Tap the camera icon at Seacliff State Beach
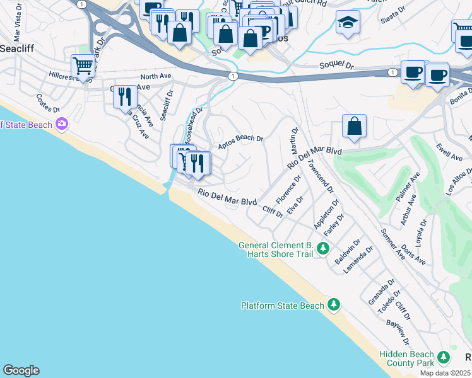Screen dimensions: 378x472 62,125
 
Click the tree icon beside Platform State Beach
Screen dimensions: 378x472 333,306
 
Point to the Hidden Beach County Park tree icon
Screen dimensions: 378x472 444,358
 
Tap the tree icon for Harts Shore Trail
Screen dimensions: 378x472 322,249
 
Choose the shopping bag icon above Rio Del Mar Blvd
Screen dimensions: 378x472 355,125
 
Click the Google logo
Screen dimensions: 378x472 21,370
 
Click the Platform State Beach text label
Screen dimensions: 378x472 283,306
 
